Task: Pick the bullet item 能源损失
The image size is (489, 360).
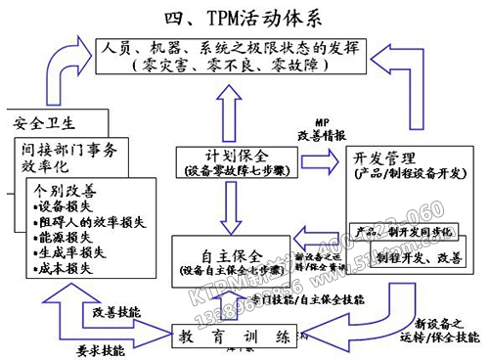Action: [64, 236]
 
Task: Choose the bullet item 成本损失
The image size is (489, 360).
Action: [64, 264]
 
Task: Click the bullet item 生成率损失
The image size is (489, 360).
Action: [68, 250]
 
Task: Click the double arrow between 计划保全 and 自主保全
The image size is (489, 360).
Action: [228, 206]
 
